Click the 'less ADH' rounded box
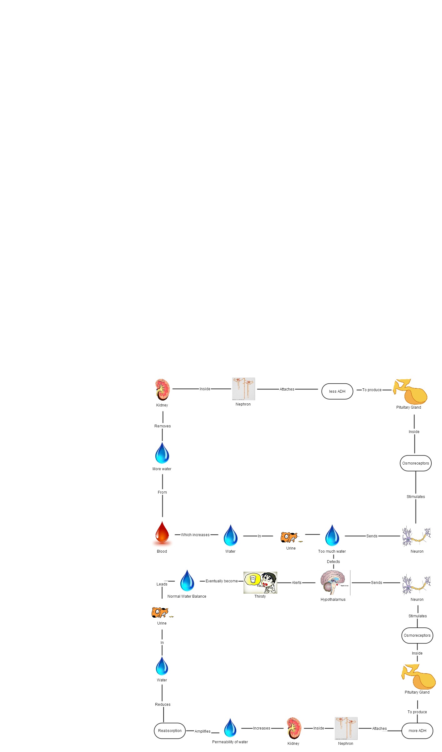[337, 391]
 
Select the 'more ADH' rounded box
[417, 731]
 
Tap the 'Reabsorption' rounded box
[170, 731]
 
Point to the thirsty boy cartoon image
[260, 582]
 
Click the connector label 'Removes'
[163, 426]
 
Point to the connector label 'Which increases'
[195, 535]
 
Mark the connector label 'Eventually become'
[222, 581]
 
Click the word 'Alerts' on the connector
[297, 583]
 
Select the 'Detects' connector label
[333, 562]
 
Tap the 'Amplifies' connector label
[203, 731]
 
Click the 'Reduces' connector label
[163, 705]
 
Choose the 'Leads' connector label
[162, 584]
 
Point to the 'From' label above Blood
[162, 492]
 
